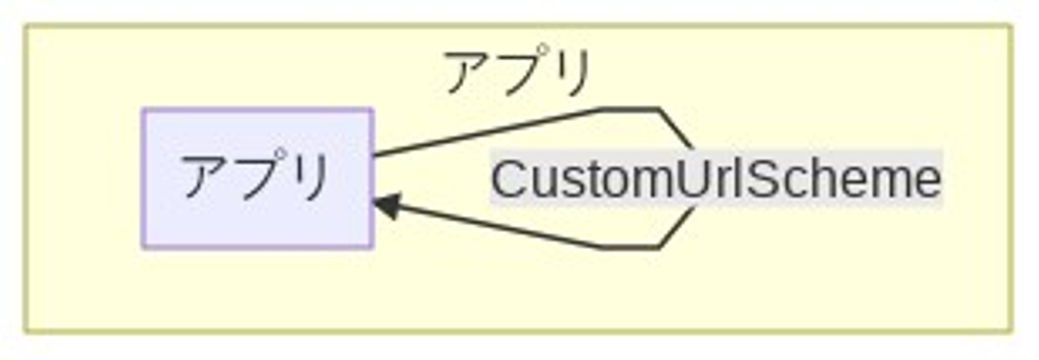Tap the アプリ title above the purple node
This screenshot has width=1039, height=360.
tap(518, 72)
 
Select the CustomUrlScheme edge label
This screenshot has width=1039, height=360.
tap(716, 179)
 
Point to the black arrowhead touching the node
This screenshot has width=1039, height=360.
tap(386, 206)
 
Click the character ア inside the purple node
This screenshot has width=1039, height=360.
tap(206, 177)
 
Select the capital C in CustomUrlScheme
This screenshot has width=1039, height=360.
tap(509, 179)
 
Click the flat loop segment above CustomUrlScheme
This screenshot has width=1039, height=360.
tap(630, 110)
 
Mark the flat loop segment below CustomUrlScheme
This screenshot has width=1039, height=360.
tap(630, 247)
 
